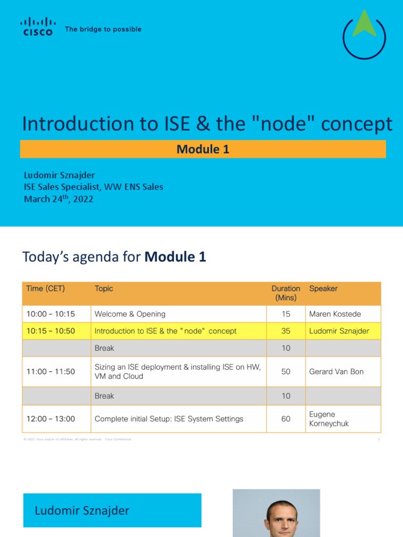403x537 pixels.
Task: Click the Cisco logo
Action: (x=37, y=27)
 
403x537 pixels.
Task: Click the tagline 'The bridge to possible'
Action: (x=103, y=29)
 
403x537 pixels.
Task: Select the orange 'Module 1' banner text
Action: (x=203, y=149)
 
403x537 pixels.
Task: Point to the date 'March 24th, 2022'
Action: (x=59, y=199)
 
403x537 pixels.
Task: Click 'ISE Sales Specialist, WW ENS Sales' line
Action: (x=93, y=187)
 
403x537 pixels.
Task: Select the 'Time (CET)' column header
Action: (x=46, y=288)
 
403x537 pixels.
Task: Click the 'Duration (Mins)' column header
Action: (x=285, y=293)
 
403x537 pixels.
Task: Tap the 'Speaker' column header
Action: (x=323, y=288)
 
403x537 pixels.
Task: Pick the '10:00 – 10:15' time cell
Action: (x=51, y=314)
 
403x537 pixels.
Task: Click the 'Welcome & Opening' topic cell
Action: (x=130, y=314)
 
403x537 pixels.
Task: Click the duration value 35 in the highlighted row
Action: (x=286, y=331)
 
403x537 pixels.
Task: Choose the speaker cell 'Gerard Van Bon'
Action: (x=336, y=371)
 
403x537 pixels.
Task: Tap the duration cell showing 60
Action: (x=286, y=419)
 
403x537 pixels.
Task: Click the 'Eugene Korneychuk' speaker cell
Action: (x=330, y=419)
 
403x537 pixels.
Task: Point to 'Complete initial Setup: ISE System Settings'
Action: (x=169, y=419)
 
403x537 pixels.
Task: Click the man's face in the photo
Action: (x=281, y=518)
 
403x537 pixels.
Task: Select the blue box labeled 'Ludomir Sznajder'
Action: (x=112, y=510)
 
